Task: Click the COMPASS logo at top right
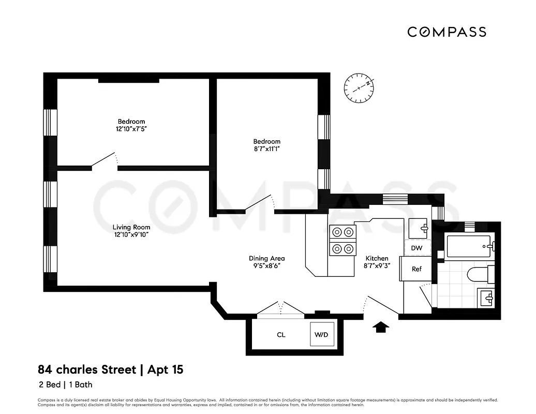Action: (x=446, y=32)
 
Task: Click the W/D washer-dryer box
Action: (x=321, y=335)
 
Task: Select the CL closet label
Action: (x=281, y=335)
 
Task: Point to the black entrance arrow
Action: (x=381, y=327)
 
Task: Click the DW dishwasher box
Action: (x=416, y=248)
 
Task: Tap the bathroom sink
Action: (x=487, y=298)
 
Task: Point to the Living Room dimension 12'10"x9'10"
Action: (x=131, y=234)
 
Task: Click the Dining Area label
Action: (x=267, y=258)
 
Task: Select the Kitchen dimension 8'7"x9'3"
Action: (x=377, y=265)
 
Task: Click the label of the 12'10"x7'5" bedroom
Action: (x=131, y=122)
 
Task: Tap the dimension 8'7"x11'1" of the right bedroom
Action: (x=266, y=149)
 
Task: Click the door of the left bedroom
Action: (x=103, y=160)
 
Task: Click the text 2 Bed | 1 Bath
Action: (x=65, y=385)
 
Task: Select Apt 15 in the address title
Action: (x=165, y=369)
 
